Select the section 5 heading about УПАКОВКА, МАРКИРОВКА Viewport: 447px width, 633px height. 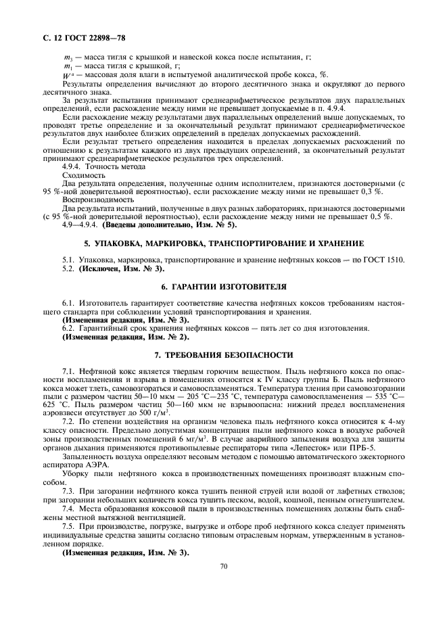223,242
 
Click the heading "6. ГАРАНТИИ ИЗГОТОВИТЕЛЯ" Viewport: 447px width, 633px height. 223,286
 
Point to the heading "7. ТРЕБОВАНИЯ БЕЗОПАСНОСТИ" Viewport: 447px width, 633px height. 223,354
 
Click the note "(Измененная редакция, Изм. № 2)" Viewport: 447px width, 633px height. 126,337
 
